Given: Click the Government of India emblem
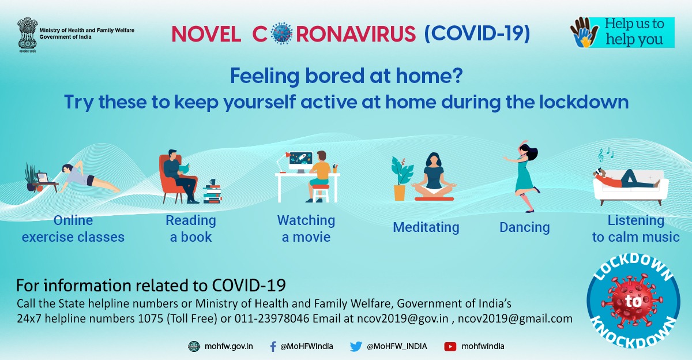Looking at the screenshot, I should tap(27, 33).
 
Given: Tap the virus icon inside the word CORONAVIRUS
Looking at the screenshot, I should tap(281, 33).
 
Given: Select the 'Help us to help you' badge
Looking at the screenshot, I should tap(622, 32).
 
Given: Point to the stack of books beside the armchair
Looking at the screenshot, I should tap(212, 193).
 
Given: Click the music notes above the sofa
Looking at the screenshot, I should tap(605, 154).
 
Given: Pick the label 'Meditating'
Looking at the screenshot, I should tap(426, 227).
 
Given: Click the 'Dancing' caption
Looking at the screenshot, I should tap(524, 227).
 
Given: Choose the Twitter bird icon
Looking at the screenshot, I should tap(356, 346).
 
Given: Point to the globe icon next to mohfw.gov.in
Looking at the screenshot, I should tap(194, 346).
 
